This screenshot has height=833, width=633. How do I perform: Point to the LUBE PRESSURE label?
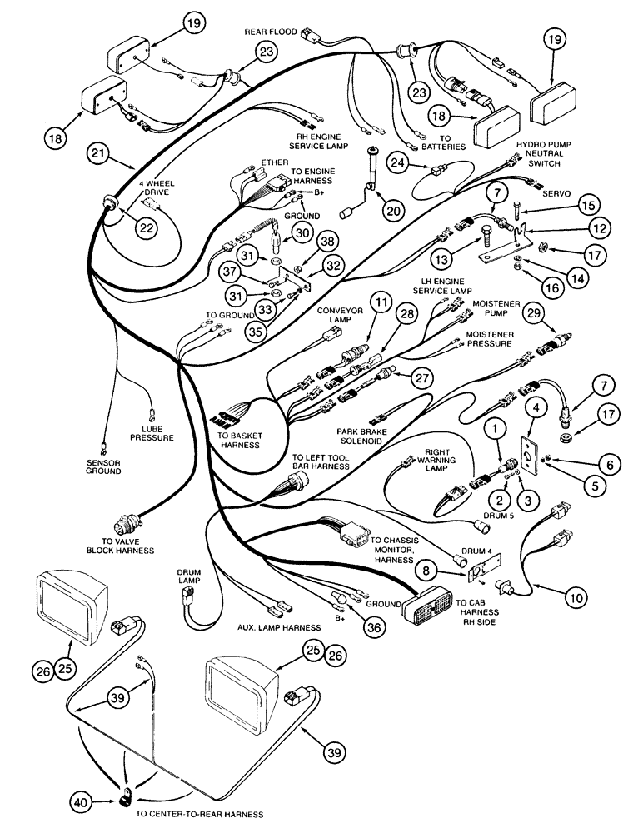click(152, 432)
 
